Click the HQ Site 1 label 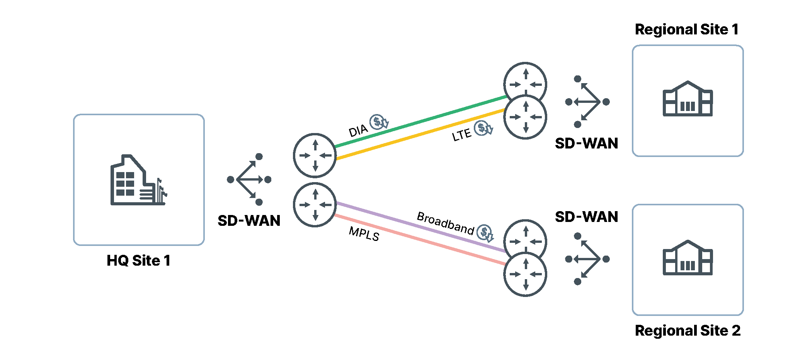[x=138, y=261]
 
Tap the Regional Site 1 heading [x=687, y=29]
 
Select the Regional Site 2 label [x=688, y=331]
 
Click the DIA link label [x=358, y=131]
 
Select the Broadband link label [x=445, y=223]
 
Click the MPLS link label [x=364, y=234]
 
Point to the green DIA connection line [x=421, y=121]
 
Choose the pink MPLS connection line [x=421, y=240]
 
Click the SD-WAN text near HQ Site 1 [x=249, y=221]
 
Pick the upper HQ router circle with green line [x=315, y=155]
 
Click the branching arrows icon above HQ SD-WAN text [x=249, y=179]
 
